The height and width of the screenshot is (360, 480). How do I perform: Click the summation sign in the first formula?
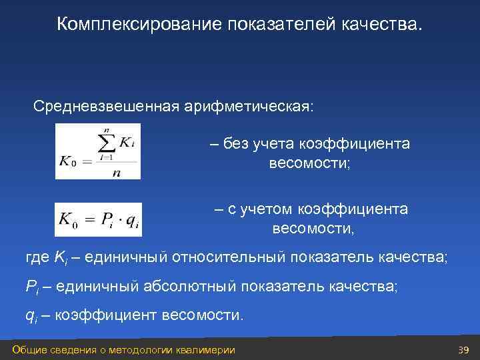coord(106,143)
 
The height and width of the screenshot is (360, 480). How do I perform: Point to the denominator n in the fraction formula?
coord(117,171)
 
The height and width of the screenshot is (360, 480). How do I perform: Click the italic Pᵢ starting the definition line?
coord(33,287)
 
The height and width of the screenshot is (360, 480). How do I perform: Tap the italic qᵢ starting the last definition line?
coord(32,315)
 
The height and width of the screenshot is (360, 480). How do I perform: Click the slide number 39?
coord(464,351)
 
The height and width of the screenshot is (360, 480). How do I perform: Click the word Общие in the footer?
coord(29,351)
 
